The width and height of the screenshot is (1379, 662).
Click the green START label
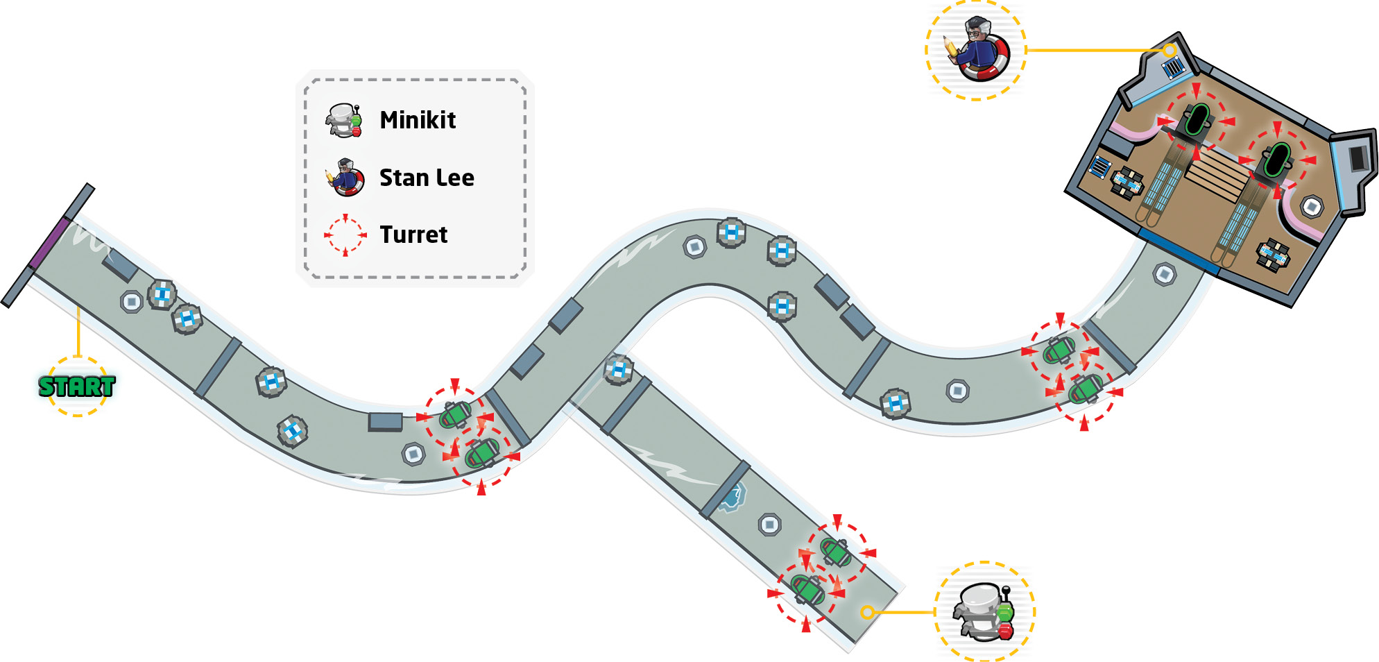pyautogui.click(x=77, y=387)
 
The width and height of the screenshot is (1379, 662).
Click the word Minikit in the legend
pyautogui.click(x=418, y=120)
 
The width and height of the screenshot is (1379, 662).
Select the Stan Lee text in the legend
pyautogui.click(x=427, y=178)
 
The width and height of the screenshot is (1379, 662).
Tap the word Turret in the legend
pyautogui.click(x=413, y=235)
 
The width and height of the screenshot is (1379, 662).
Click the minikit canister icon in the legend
pyautogui.click(x=344, y=120)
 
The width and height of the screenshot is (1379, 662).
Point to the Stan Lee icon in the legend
pyautogui.click(x=345, y=177)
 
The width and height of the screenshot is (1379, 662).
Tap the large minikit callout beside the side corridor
pyautogui.click(x=985, y=611)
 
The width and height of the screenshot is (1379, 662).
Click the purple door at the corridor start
pyautogui.click(x=49, y=242)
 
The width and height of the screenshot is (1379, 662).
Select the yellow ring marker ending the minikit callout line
pyautogui.click(x=867, y=612)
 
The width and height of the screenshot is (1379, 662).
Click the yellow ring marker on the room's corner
pyautogui.click(x=1170, y=50)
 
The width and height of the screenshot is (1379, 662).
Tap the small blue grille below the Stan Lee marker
pyautogui.click(x=1173, y=68)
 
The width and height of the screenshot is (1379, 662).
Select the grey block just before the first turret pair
pyautogui.click(x=385, y=421)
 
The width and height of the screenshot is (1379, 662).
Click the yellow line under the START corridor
pyautogui.click(x=78, y=332)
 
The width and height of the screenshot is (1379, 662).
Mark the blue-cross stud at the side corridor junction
pyautogui.click(x=618, y=369)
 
